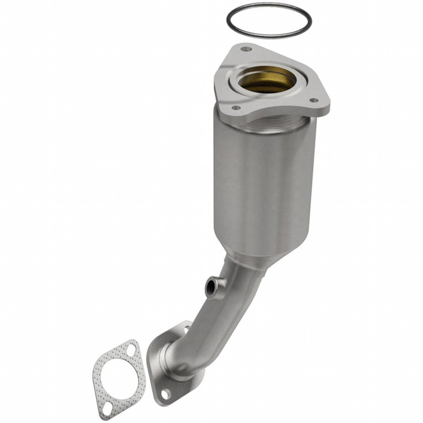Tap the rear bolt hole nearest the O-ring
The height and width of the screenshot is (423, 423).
(247, 49)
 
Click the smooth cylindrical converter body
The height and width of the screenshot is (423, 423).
(264, 186)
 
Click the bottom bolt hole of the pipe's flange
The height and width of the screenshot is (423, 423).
(165, 394)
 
